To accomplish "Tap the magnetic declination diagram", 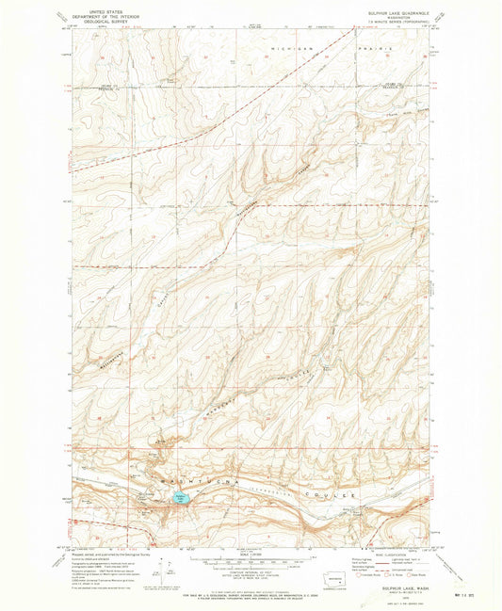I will coord(168,569).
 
